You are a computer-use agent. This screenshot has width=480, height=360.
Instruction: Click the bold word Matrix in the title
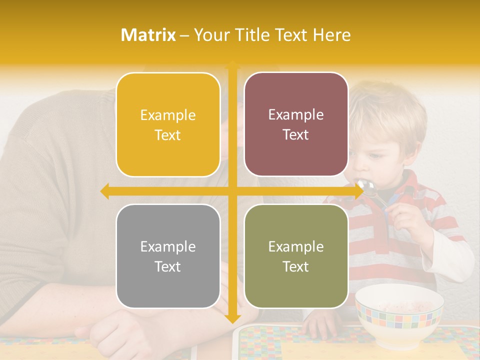click(148, 35)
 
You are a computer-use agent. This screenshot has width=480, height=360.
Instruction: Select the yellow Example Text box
click(168, 124)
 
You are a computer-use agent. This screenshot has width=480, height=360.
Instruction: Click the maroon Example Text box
click(296, 124)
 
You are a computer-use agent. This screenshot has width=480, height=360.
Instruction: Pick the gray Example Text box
click(168, 256)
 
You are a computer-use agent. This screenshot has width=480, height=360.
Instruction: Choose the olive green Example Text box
click(296, 256)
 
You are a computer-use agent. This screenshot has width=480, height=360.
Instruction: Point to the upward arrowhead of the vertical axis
click(232, 65)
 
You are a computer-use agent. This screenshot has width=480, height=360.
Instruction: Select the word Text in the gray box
click(168, 266)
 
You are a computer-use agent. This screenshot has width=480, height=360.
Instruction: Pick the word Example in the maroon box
click(296, 114)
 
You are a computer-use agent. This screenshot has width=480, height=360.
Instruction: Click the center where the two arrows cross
click(232, 191)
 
